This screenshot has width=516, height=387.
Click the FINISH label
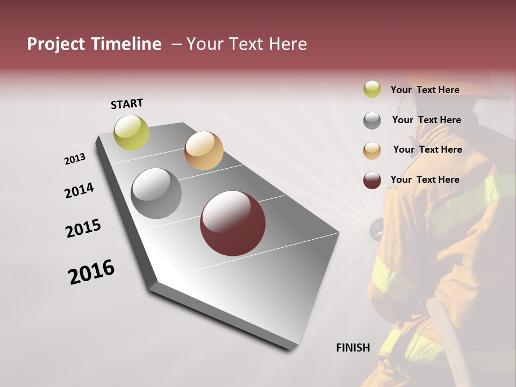pyautogui.click(x=353, y=348)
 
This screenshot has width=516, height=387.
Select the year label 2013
pyautogui.click(x=75, y=159)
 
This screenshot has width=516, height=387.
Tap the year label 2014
pyautogui.click(x=79, y=190)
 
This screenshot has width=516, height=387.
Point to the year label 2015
pyautogui.click(x=83, y=228)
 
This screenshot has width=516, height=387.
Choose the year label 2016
pyautogui.click(x=91, y=272)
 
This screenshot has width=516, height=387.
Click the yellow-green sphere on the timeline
pyautogui.click(x=132, y=132)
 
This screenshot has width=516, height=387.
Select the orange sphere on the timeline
pyautogui.click(x=204, y=150)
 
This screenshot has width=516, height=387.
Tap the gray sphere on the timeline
pyautogui.click(x=156, y=193)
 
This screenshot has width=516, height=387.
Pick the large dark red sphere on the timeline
pyautogui.click(x=233, y=223)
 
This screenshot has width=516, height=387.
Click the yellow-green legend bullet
pyautogui.click(x=372, y=90)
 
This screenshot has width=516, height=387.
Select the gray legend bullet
pyautogui.click(x=372, y=120)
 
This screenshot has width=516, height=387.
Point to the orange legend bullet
pyautogui.click(x=372, y=150)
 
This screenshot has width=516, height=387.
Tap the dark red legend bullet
pyautogui.click(x=372, y=180)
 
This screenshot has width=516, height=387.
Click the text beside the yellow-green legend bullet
pyautogui.click(x=425, y=90)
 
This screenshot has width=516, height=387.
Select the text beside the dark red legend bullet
pyautogui.click(x=425, y=180)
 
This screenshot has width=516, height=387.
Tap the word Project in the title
pyautogui.click(x=56, y=44)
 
